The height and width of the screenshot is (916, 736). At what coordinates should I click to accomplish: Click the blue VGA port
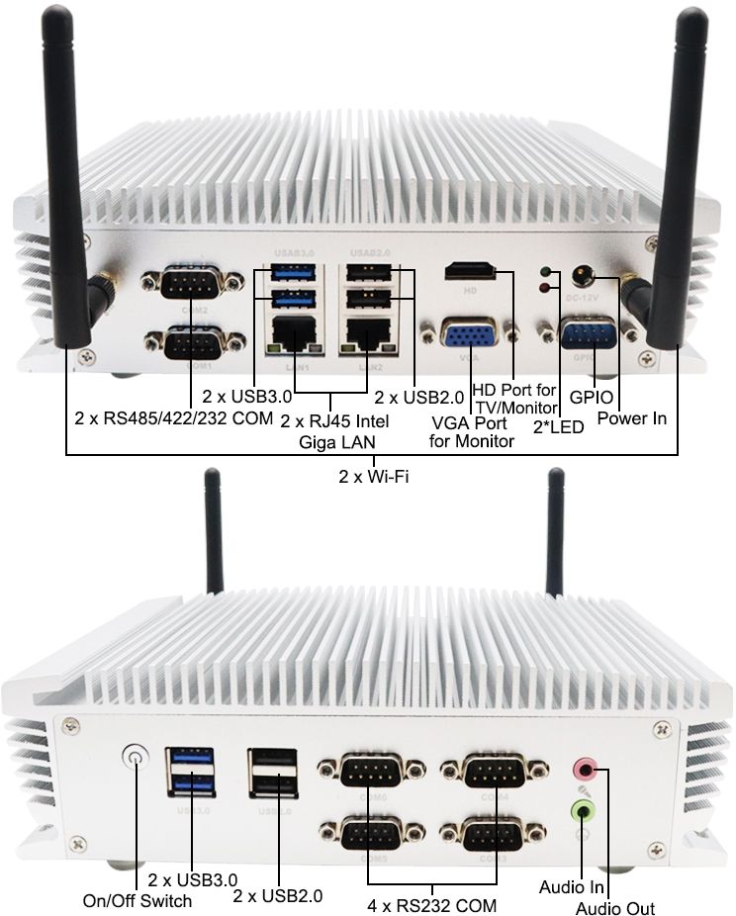click(x=463, y=336)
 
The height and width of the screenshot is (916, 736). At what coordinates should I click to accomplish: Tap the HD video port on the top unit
click(x=471, y=270)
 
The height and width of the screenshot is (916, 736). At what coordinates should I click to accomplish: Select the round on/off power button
click(x=135, y=759)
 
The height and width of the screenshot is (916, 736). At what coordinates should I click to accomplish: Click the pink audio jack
click(x=586, y=768)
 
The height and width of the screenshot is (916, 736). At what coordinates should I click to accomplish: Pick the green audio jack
click(x=585, y=811)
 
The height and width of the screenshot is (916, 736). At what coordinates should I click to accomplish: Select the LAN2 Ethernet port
click(x=363, y=336)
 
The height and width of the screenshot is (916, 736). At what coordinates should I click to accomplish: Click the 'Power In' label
click(x=632, y=418)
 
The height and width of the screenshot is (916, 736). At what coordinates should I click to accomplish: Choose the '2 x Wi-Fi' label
click(x=373, y=477)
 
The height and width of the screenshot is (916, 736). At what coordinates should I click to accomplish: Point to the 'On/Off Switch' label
click(x=138, y=900)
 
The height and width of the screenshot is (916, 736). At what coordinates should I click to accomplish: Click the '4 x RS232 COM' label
click(x=431, y=904)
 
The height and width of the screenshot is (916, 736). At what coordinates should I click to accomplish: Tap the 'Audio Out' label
click(x=614, y=908)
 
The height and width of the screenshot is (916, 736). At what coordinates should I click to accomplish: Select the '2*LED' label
click(x=559, y=426)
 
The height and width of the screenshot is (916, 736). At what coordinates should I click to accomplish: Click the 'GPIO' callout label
click(x=592, y=398)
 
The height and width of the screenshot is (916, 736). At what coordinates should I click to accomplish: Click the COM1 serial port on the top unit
click(x=193, y=345)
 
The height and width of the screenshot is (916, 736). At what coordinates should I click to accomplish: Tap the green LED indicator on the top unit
click(x=542, y=270)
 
